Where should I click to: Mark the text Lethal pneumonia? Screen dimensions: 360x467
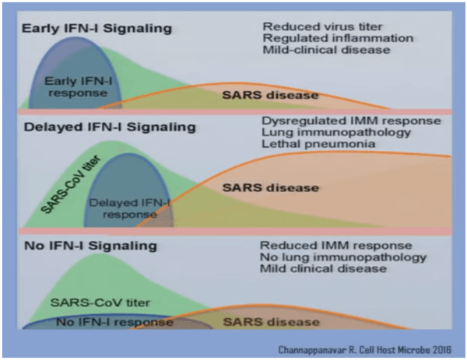coord(307,145)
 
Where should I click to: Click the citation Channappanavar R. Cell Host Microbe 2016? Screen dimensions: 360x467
coord(369,348)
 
